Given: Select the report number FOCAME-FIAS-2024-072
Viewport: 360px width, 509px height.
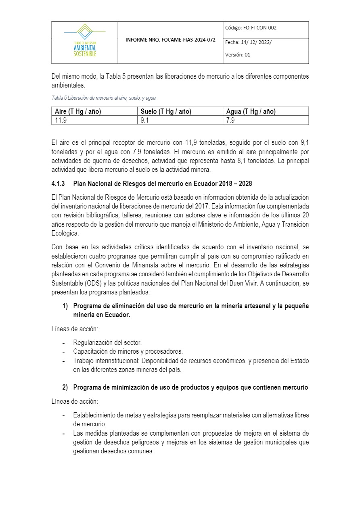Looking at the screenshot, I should (170, 40).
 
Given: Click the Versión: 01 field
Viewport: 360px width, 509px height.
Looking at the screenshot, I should (238, 55).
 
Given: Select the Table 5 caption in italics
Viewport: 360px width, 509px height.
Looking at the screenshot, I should (103, 98).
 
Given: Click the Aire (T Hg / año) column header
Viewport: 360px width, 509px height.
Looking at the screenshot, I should (78, 112).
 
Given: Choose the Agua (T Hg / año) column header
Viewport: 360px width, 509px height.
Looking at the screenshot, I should (251, 112).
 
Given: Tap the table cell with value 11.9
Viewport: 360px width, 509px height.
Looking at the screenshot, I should (61, 120).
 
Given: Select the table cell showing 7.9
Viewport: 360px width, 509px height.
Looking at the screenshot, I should (230, 120).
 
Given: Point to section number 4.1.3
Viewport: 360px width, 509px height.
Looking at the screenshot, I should (58, 184).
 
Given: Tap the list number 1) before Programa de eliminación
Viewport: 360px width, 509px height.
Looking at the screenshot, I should (65, 306).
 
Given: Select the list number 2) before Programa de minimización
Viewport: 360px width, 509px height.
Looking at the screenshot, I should (65, 388).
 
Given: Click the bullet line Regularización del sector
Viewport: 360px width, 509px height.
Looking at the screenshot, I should (107, 342).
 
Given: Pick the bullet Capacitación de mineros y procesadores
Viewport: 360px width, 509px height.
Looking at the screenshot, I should (128, 351).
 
